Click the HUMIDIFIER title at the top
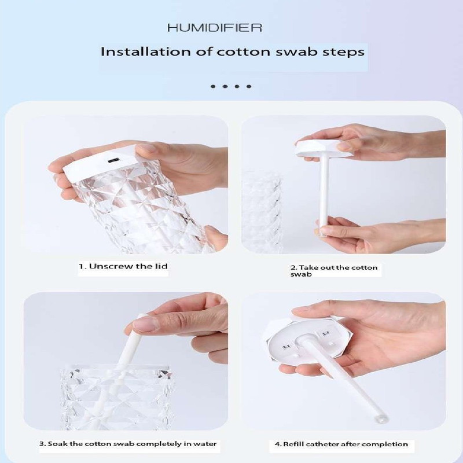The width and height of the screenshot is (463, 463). [x=215, y=28]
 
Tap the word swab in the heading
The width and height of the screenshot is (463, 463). [x=296, y=52]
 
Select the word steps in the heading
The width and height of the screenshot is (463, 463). [x=343, y=53]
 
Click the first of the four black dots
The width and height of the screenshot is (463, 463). [x=213, y=86]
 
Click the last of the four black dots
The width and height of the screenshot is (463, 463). [x=249, y=86]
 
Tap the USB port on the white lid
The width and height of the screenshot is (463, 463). [x=113, y=161]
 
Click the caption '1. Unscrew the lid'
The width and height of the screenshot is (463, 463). [x=123, y=266]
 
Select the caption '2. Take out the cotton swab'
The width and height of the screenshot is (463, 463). [x=334, y=271]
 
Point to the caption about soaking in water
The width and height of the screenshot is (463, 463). [x=128, y=444]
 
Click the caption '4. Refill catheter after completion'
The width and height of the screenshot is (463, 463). [x=341, y=444]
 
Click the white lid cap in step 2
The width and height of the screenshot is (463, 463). [x=324, y=148]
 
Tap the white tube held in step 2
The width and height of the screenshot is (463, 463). [x=324, y=196]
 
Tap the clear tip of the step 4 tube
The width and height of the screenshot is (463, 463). [x=381, y=418]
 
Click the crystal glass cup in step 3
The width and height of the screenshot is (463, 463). [x=117, y=397]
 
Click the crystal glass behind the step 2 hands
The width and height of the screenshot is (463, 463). [x=262, y=211]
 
